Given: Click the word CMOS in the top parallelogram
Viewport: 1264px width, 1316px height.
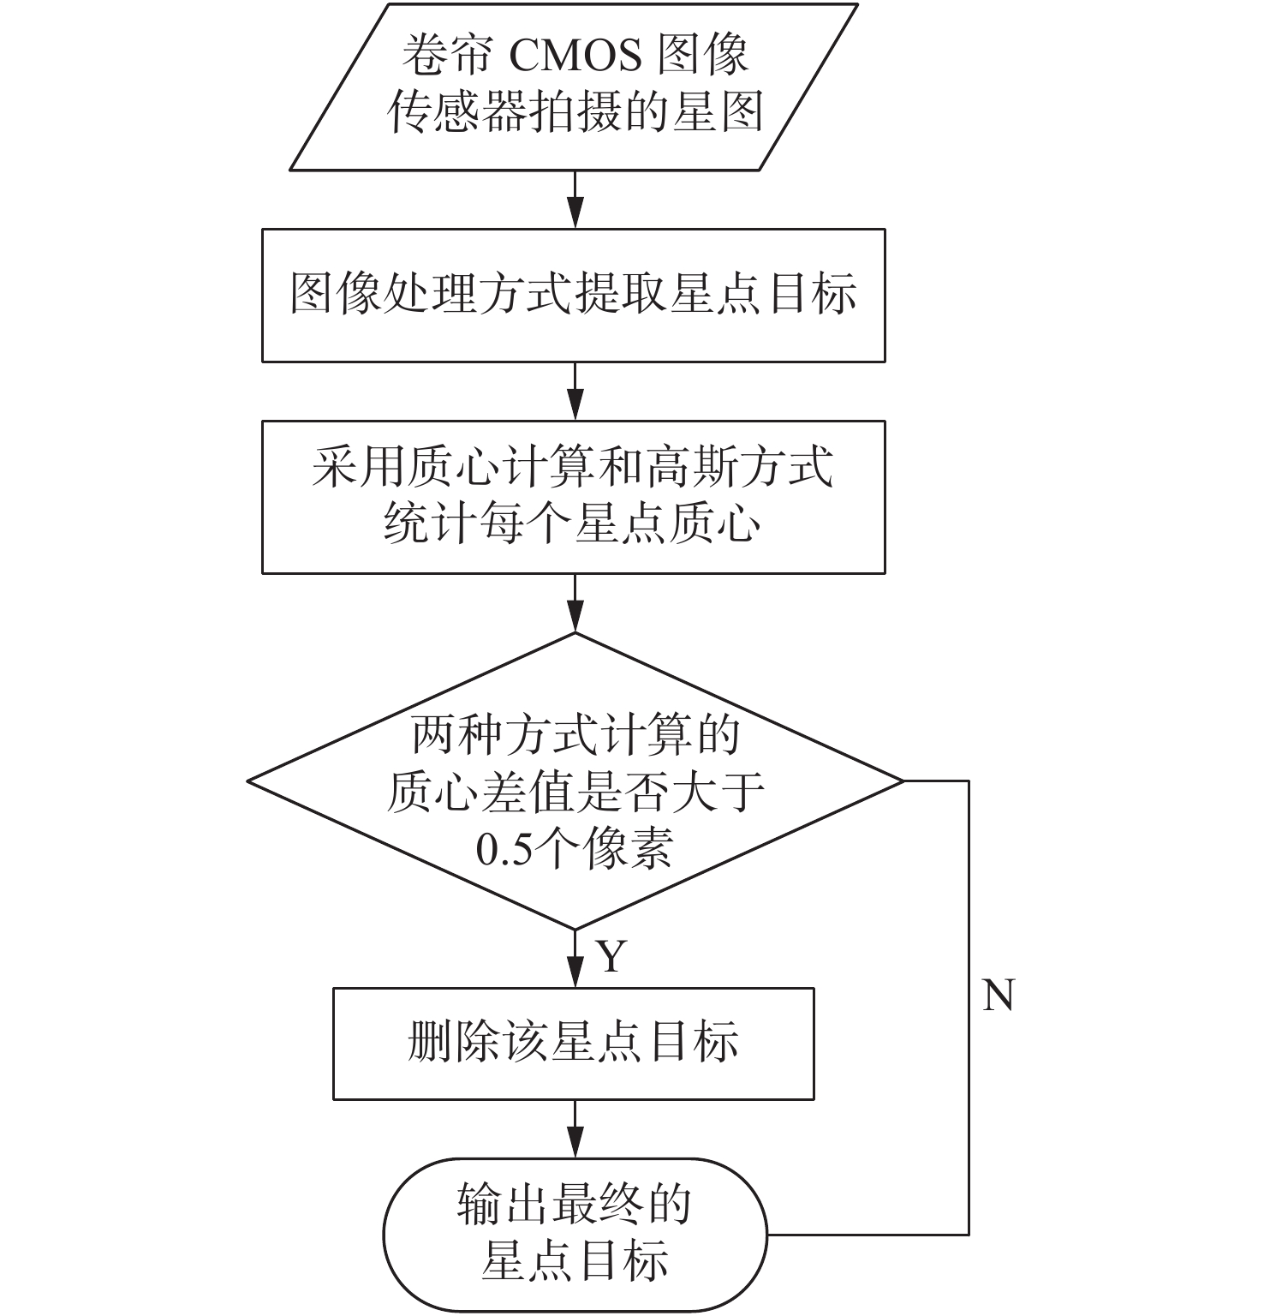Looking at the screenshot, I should (x=575, y=56).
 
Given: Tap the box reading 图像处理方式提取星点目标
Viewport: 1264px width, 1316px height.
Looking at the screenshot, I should (x=573, y=295).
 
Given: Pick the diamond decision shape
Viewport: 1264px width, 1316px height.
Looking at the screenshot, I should (x=575, y=781).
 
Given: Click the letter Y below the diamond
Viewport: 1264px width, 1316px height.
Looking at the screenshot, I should (x=611, y=956).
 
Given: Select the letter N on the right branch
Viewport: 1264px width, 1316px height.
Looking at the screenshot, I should (x=998, y=996).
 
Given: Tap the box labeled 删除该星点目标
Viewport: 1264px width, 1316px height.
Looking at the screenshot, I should (x=573, y=1044).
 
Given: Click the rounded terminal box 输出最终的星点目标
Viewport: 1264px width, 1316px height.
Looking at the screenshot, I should (x=575, y=1235).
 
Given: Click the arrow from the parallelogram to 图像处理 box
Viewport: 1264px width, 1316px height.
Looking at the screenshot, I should (x=575, y=200).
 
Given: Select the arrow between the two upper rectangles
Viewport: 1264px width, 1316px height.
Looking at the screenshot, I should (x=575, y=391).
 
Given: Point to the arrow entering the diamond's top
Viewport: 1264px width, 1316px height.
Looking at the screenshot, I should (x=575, y=602).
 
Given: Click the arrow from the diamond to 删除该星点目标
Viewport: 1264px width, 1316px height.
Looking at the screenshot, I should (x=575, y=959).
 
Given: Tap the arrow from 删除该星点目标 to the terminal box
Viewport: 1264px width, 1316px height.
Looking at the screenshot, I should (x=575, y=1128).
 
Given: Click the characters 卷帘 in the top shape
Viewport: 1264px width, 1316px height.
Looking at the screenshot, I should (x=447, y=56).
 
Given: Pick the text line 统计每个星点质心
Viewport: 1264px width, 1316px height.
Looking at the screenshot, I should (x=572, y=523).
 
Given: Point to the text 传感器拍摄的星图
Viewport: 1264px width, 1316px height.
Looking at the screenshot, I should (x=575, y=112).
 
